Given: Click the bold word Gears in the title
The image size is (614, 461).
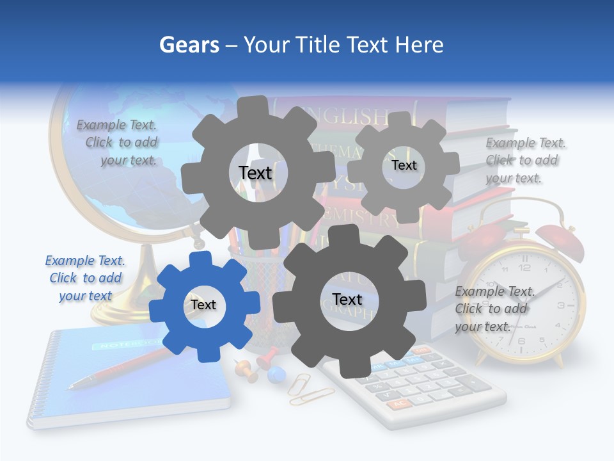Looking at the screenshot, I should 189,45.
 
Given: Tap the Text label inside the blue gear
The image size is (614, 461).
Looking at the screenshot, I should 203,305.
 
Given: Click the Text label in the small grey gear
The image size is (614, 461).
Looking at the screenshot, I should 404,165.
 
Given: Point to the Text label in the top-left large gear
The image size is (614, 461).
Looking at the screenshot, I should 255,173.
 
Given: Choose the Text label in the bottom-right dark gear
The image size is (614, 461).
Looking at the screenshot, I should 347,299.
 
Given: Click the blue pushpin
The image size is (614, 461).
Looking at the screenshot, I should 276,375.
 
